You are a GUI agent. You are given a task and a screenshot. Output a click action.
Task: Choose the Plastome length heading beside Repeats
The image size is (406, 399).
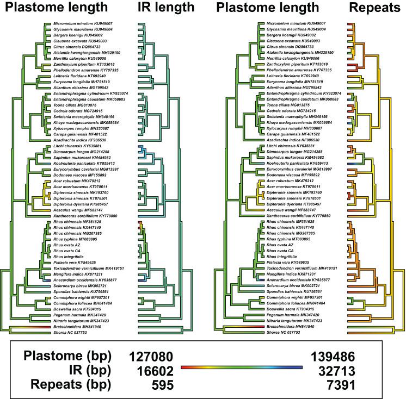[267, 8]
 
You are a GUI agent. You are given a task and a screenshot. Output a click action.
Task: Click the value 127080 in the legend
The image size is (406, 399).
[151, 357]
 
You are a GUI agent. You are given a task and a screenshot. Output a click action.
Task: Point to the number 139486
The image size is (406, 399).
[333, 357]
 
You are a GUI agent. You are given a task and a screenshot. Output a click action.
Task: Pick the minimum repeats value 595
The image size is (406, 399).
[163, 385]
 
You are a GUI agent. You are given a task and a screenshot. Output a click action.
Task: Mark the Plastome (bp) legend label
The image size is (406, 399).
[67, 357]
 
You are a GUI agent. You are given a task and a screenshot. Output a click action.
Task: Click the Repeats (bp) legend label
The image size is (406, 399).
[68, 385]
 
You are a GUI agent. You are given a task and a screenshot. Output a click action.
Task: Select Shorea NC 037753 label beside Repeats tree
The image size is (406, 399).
[292, 332]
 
